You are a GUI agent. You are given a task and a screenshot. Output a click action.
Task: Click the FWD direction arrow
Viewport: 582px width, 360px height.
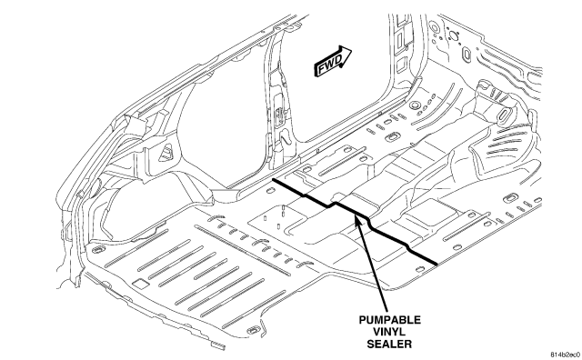333,61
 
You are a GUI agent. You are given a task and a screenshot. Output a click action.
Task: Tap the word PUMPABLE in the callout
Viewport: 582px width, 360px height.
389,320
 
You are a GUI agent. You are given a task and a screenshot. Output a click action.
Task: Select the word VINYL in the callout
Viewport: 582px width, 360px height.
389,332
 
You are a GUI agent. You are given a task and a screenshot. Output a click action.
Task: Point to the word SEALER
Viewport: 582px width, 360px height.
389,344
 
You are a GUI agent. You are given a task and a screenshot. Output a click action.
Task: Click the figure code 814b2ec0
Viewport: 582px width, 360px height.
565,355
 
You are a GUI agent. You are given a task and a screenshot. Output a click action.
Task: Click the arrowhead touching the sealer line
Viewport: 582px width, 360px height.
358,222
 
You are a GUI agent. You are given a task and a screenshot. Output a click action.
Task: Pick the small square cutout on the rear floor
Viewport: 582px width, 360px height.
141,284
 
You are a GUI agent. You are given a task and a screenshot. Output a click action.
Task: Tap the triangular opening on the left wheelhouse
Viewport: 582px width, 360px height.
166,152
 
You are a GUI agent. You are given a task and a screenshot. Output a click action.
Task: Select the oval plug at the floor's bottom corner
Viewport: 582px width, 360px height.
254,330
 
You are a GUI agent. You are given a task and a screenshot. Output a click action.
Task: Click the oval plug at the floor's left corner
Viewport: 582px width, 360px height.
97,249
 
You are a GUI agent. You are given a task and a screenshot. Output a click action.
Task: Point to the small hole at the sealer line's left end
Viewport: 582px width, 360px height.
270,191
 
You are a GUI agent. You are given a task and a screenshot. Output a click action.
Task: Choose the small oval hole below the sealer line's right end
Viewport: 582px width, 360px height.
420,269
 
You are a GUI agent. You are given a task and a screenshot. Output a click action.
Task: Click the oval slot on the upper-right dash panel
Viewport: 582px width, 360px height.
466,55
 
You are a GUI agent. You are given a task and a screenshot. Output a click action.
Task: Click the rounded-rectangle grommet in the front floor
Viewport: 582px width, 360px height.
392,137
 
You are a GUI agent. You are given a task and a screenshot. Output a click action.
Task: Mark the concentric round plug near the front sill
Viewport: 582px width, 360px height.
415,105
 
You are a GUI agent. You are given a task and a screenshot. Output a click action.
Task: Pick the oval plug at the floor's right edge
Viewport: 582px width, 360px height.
511,198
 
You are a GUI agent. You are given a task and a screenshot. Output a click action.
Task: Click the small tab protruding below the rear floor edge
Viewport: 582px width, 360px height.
218,345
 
